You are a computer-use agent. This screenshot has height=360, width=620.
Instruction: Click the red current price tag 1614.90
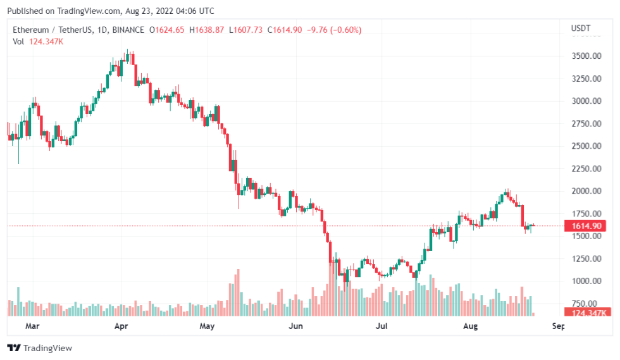(x=586, y=226)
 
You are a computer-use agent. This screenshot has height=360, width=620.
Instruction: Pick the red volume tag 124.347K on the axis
(x=588, y=313)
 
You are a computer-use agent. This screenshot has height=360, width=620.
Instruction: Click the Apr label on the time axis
(x=120, y=326)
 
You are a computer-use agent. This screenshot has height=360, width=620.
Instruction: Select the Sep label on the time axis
(x=557, y=326)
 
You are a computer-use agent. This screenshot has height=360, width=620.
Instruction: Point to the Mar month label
(x=32, y=326)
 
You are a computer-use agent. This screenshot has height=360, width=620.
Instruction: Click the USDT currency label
(x=580, y=28)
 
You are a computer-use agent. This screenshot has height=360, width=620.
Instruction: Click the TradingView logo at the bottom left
(x=39, y=348)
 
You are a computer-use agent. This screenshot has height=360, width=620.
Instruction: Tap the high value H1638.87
(x=207, y=30)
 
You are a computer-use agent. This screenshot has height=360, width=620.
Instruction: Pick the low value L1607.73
(x=246, y=30)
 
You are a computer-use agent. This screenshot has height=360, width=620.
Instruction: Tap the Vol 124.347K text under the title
(x=38, y=41)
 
